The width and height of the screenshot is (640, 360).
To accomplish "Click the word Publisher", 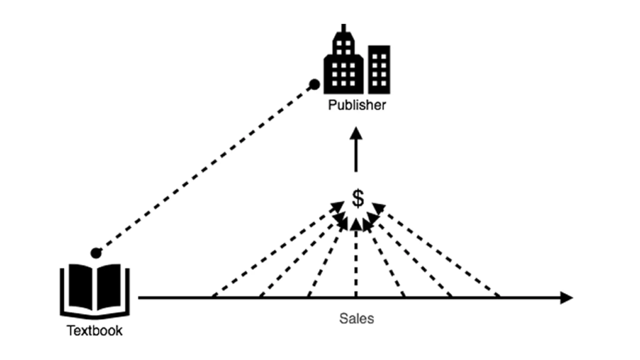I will (x=357, y=105).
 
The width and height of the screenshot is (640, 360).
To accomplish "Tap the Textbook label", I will (x=95, y=331).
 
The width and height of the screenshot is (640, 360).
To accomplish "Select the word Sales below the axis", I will (x=357, y=319).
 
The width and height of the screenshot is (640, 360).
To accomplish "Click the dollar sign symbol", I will (x=358, y=198).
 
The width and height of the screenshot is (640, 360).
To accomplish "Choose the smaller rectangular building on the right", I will (x=379, y=69).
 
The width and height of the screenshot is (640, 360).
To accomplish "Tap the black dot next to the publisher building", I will (x=314, y=84).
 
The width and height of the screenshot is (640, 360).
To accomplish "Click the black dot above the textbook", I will (x=96, y=253).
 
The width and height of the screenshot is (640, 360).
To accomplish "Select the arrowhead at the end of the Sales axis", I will (x=566, y=298).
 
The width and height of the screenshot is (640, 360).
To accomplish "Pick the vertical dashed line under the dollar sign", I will (x=356, y=262).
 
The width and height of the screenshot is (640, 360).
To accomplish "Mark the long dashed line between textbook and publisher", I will (x=205, y=169).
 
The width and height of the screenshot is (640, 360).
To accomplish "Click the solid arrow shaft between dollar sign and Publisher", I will (x=356, y=156).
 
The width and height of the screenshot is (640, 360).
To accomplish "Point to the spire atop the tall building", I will (x=344, y=28).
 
